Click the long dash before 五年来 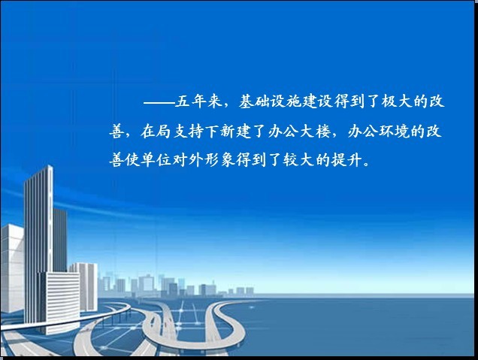click(x=159, y=102)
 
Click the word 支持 click(x=187, y=132)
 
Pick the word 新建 click(x=235, y=132)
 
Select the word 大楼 click(x=314, y=132)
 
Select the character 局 click(x=164, y=132)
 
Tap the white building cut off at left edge click(x=11, y=268)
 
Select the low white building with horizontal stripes click(x=59, y=302)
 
